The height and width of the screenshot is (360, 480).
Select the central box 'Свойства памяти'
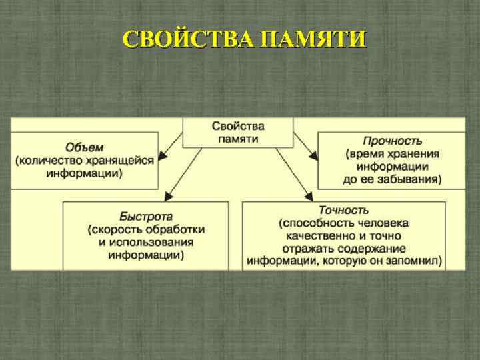(x=238, y=132)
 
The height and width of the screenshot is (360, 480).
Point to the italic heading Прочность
(x=392, y=141)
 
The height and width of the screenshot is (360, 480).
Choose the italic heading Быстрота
(x=146, y=217)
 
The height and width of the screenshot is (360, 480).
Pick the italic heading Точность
(x=343, y=211)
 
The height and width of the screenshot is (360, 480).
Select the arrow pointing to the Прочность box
(x=305, y=145)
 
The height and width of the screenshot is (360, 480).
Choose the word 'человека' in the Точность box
(x=382, y=223)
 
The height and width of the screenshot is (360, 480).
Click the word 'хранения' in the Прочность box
(x=411, y=154)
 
